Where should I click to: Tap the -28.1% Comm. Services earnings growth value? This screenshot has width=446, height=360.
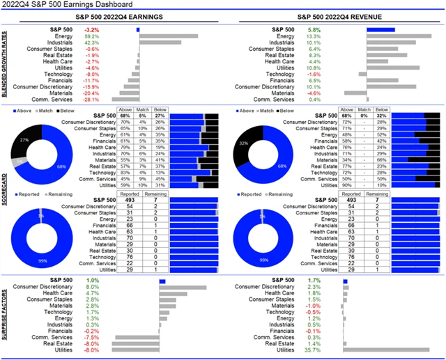(91, 99)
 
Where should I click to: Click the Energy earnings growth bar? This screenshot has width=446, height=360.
(168, 36)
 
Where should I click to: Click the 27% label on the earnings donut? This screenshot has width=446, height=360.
(24, 140)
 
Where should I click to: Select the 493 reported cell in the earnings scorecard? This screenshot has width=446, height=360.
(130, 200)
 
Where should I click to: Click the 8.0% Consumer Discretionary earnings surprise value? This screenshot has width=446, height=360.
(91, 287)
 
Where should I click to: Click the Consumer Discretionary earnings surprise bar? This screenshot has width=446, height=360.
(183, 287)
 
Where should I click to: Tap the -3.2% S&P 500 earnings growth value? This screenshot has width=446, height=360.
(91, 30)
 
